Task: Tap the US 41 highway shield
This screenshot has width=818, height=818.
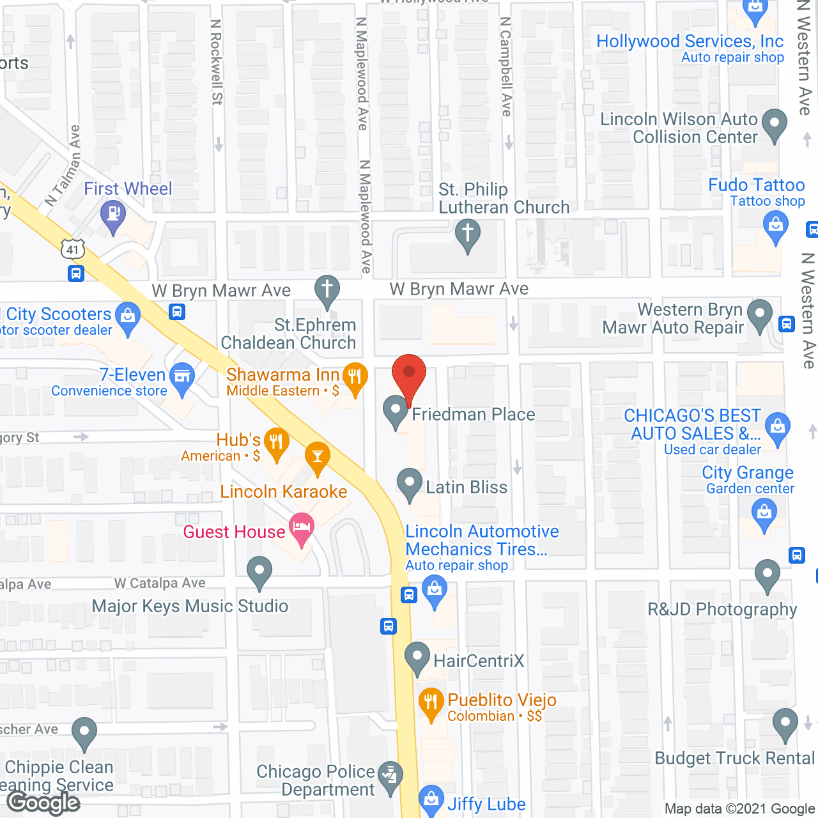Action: point(73,249)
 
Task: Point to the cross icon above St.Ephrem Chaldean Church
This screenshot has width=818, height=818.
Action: point(327,289)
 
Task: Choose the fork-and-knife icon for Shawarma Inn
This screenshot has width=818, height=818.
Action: point(355,377)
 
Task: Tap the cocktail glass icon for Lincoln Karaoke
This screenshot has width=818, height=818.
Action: point(317,457)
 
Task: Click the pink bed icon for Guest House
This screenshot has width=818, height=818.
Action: point(301,527)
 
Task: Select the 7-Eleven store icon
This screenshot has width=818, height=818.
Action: point(182,377)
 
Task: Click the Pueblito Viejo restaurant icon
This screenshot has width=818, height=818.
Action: point(431,702)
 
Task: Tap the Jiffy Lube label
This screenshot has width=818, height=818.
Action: point(486,804)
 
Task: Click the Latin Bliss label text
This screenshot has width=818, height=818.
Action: point(467,487)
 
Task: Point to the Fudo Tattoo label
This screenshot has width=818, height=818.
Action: point(756,185)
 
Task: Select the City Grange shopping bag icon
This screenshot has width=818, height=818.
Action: point(764,513)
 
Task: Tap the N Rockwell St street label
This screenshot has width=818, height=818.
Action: point(217,62)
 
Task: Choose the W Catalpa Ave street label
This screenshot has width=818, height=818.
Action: point(160,583)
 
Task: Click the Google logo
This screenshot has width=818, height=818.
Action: point(43,803)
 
